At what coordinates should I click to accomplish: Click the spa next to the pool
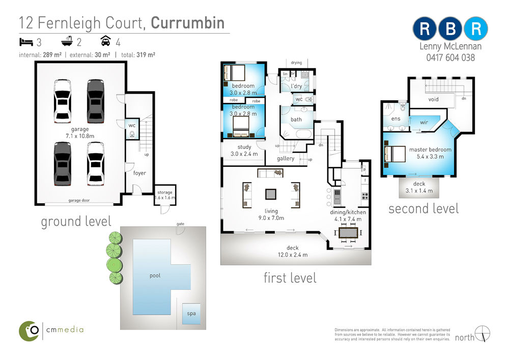tap(191, 314)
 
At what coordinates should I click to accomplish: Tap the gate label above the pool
tap(181, 224)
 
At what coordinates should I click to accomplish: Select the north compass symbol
tap(483, 334)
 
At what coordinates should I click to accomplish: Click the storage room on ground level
tap(165, 195)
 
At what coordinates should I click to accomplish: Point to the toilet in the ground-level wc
tap(132, 134)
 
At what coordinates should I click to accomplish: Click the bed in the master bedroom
tap(395, 154)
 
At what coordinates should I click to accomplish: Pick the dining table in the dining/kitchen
tap(348, 233)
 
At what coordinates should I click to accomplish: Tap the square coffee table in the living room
tap(271, 194)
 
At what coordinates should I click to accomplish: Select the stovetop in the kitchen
tap(365, 196)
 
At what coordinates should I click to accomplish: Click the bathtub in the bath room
tap(303, 134)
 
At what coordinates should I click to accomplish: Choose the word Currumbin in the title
tap(188, 23)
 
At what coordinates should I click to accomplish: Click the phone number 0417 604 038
tap(450, 58)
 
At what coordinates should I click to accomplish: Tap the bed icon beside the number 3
tap(26, 42)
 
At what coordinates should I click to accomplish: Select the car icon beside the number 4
tap(106, 41)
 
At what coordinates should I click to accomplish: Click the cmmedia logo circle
tap(29, 331)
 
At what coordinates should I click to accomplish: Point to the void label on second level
tap(433, 99)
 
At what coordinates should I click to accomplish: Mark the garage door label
tap(79, 200)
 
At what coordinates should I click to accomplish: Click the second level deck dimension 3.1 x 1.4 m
tap(419, 191)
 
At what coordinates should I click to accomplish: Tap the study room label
tap(244, 147)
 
